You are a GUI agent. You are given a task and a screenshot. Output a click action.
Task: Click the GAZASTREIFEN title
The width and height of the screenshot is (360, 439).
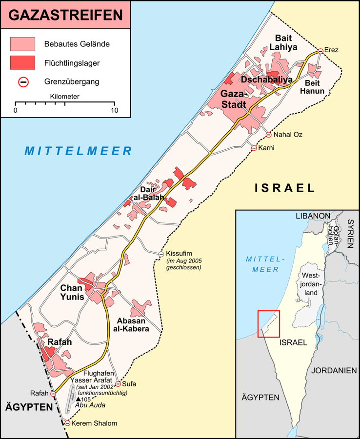pyautogui.click(x=65, y=15)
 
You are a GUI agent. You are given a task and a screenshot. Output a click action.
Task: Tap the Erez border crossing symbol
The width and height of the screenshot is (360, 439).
pyautogui.click(x=320, y=51)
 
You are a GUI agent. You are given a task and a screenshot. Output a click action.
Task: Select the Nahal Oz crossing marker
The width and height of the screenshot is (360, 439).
pyautogui.click(x=269, y=135)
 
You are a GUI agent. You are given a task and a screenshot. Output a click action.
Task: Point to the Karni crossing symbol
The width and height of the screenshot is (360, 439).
pyautogui.click(x=254, y=148)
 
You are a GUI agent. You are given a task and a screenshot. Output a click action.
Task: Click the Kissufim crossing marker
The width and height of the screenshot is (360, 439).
pyautogui.click(x=161, y=254)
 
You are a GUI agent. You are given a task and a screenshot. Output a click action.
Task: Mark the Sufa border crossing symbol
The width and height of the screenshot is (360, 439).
pyautogui.click(x=118, y=384)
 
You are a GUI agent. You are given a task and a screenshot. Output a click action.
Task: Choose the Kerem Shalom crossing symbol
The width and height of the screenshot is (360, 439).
pyautogui.click(x=67, y=423)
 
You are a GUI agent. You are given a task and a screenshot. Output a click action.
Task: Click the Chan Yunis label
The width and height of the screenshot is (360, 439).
pyautogui.click(x=72, y=292)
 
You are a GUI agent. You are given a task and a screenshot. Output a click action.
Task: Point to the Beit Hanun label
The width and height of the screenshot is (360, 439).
pyautogui.click(x=309, y=86)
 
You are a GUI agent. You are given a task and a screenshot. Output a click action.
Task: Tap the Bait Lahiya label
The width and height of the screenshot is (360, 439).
pyautogui.click(x=286, y=42)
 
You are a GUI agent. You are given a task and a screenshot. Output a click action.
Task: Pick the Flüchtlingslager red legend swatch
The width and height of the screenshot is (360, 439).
pyautogui.click(x=23, y=62)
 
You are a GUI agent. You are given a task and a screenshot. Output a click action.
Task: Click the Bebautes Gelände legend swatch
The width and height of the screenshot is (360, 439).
pyautogui.click(x=23, y=43)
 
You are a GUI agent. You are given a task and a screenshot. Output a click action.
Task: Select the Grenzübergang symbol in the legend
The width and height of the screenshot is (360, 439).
pyautogui.click(x=23, y=81)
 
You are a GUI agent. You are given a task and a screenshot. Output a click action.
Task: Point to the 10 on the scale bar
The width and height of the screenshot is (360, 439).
pyautogui.click(x=114, y=111)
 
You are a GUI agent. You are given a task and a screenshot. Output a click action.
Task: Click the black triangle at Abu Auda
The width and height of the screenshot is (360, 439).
pyautogui.click(x=79, y=399)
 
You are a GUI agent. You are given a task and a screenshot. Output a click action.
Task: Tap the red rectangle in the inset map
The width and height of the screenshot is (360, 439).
pyautogui.click(x=268, y=323)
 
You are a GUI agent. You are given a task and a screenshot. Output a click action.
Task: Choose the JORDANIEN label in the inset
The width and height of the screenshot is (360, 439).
pyautogui.click(x=335, y=370)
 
